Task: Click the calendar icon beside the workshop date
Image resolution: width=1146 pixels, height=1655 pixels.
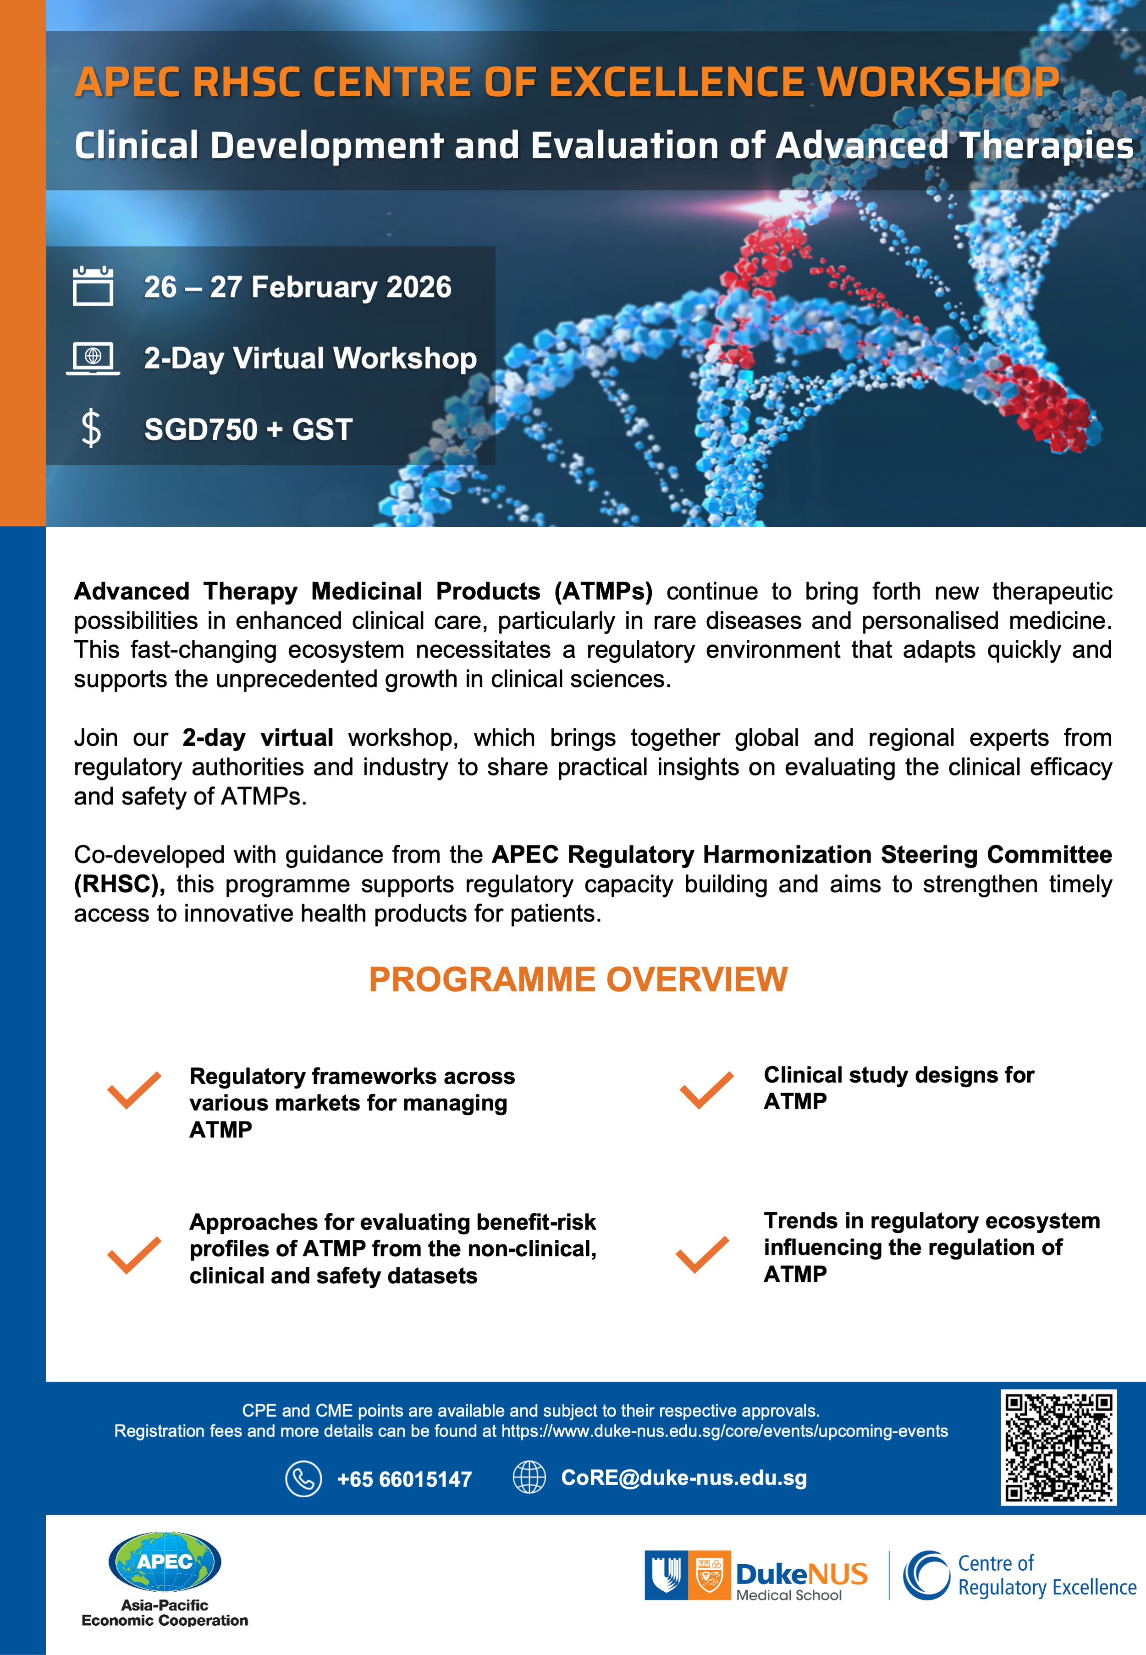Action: tap(93, 286)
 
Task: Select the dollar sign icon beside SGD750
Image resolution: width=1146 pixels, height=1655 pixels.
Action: tap(91, 429)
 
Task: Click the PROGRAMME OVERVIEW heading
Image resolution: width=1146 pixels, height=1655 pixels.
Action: tap(578, 979)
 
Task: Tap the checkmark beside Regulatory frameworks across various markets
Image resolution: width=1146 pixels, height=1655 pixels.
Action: tap(134, 1091)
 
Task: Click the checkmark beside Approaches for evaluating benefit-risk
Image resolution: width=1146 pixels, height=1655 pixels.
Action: tap(134, 1255)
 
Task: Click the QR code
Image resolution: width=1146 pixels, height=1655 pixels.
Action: tap(1058, 1447)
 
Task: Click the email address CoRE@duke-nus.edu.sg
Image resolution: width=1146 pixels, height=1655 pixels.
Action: tap(683, 1478)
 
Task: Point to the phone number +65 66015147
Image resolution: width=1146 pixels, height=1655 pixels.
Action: tap(404, 1479)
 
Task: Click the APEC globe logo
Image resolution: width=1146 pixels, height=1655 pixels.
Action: tap(165, 1561)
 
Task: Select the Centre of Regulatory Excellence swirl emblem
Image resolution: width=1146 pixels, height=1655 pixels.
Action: tap(926, 1575)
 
